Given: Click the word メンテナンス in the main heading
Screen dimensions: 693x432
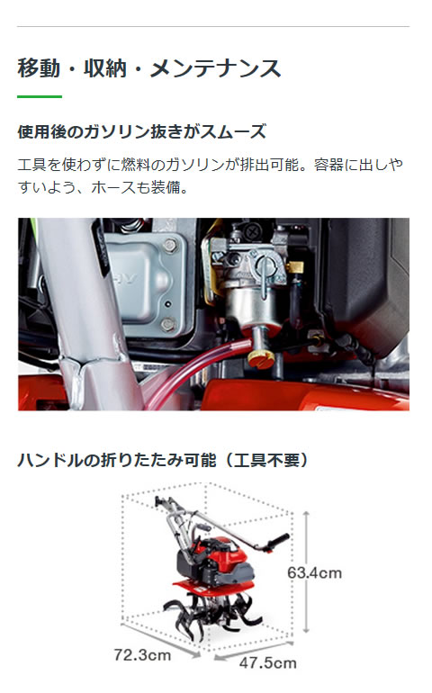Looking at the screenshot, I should coord(224,69).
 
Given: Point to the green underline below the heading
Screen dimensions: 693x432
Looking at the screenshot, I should coord(40,96).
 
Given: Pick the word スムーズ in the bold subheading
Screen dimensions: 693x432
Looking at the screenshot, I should coord(238,132).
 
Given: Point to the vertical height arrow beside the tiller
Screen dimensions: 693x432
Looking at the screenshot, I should coord(310,572).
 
